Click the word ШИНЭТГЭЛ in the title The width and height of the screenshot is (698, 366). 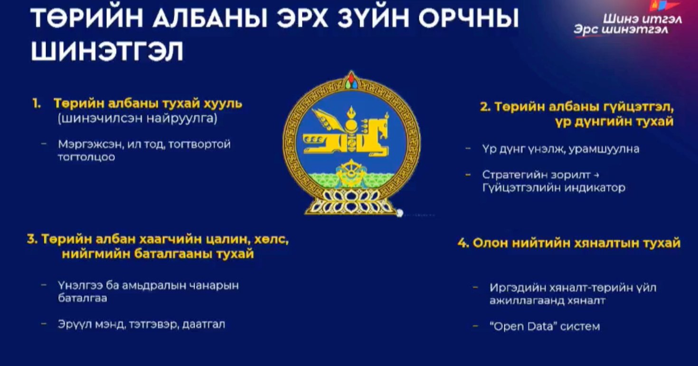coord(107,52)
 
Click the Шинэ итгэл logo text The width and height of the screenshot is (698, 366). coord(642,19)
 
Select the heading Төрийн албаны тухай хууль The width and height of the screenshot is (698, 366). coord(148,104)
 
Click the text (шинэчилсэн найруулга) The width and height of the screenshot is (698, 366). coord(137,119)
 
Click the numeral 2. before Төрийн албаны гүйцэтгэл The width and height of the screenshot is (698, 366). coord(485,107)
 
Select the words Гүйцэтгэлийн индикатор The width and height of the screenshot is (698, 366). coord(554,188)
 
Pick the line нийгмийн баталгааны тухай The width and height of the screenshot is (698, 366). coord(158,254)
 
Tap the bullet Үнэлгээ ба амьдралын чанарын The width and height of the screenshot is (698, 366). coord(148,286)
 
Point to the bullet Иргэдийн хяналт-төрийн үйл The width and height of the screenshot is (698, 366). coord(573,288)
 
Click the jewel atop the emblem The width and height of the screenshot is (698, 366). coord(351,80)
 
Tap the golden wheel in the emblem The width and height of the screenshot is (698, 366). coord(351,171)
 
